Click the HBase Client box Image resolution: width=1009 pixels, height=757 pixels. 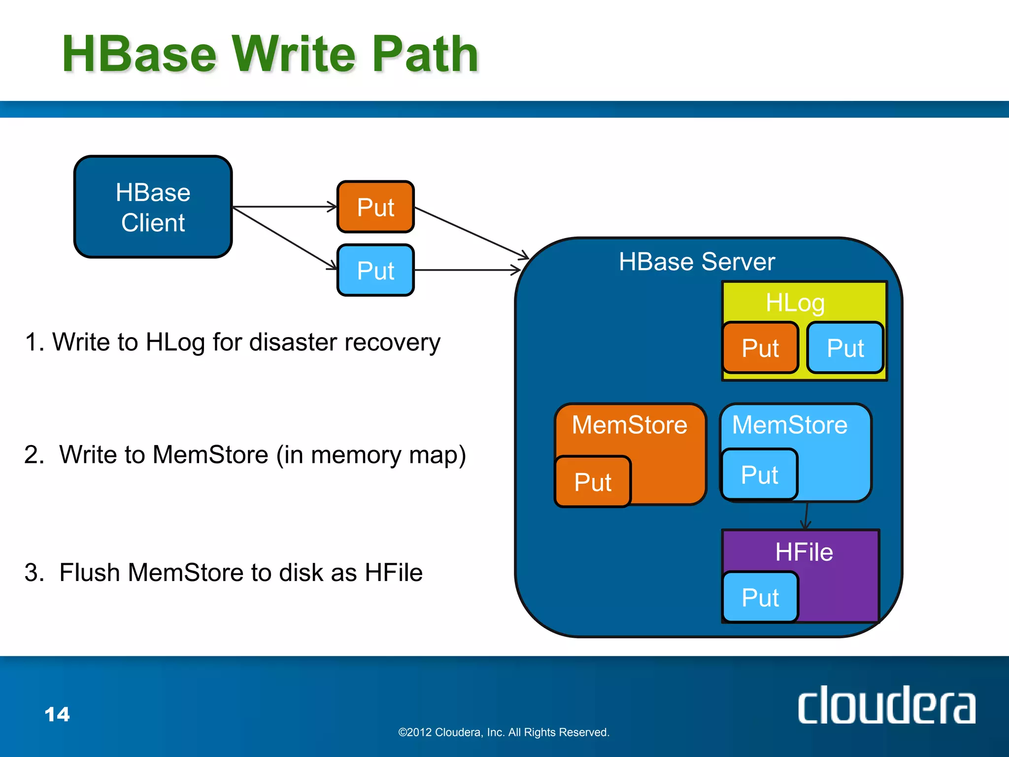coord(153,207)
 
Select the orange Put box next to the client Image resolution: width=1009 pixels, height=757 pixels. coord(375,207)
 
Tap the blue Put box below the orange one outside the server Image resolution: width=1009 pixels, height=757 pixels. coord(375,271)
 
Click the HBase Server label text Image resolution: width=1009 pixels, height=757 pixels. coord(697,262)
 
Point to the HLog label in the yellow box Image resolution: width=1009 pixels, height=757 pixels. coord(795,303)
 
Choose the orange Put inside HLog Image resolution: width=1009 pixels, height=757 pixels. coord(760,348)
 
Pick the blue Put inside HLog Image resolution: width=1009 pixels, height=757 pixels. coord(845,348)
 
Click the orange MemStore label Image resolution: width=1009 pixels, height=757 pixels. coord(629,425)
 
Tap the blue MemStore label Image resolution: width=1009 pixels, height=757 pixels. coord(789,425)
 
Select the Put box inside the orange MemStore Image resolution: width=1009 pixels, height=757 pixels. coord(593,482)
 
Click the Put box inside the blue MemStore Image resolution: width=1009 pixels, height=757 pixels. coord(759,475)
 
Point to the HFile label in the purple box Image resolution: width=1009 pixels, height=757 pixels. coord(804,552)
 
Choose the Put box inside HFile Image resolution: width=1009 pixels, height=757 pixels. coord(760,597)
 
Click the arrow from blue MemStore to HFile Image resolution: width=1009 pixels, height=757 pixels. coord(806,516)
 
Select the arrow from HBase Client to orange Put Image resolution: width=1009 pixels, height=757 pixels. coord(284,207)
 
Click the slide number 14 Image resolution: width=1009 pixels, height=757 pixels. coord(57,714)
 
